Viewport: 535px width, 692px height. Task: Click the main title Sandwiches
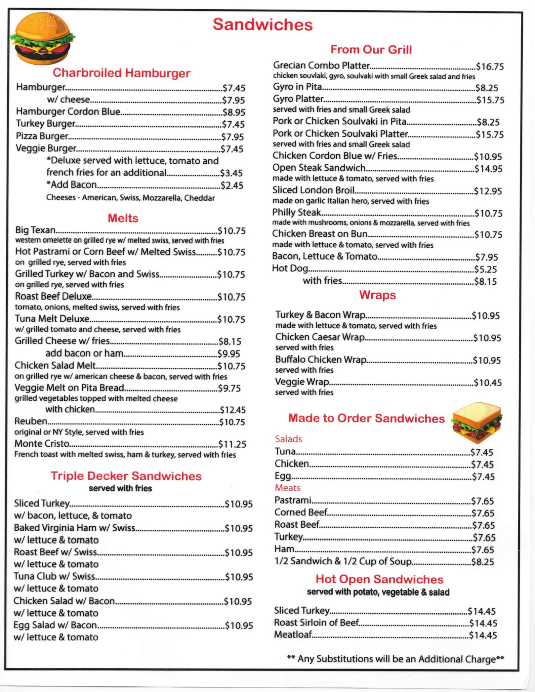point(263,25)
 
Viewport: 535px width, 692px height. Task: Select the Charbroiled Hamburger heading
point(121,73)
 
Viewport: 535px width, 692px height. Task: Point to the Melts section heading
point(123,218)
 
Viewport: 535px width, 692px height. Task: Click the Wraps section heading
point(377,295)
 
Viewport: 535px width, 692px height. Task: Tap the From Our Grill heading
point(371,49)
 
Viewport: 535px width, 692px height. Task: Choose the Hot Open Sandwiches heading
point(379,579)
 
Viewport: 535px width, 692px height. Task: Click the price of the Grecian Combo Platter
point(490,66)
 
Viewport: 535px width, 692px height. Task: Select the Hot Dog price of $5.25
point(486,269)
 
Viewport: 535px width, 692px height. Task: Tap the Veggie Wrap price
point(488,383)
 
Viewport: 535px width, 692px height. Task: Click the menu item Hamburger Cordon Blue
point(68,111)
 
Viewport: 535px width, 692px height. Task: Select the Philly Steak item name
point(297,212)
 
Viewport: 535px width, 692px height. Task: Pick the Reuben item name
point(31,421)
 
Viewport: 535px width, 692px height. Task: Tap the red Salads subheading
point(288,439)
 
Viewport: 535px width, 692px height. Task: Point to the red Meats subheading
point(287,488)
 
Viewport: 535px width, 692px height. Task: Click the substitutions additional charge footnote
point(395,659)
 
